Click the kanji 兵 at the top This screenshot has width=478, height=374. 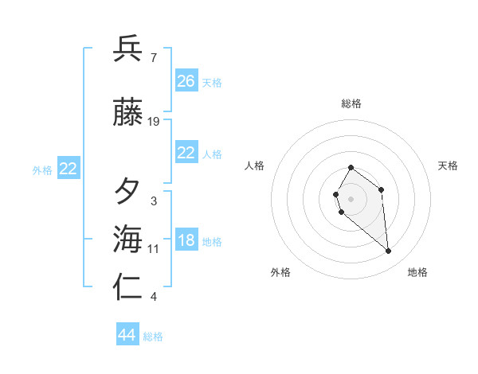point(127,49)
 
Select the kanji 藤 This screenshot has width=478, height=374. point(127,113)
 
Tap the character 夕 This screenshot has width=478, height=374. point(127,192)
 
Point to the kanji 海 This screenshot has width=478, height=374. point(127,239)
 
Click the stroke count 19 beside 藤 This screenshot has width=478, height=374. point(154,122)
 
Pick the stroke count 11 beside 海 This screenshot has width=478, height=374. point(154,249)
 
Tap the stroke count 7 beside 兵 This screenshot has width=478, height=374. point(154,57)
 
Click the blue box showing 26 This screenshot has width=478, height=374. point(186,81)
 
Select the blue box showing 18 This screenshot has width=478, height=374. point(186,241)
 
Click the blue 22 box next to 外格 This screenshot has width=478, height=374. point(69,169)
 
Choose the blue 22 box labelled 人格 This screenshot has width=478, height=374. point(186,154)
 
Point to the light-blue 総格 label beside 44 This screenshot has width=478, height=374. point(153,337)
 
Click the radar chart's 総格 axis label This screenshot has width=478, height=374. point(351,103)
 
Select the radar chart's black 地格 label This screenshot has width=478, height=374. point(417,272)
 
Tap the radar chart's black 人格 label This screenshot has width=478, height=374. point(255,166)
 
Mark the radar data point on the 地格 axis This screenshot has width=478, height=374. point(389,251)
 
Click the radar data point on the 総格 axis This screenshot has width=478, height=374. point(351,168)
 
